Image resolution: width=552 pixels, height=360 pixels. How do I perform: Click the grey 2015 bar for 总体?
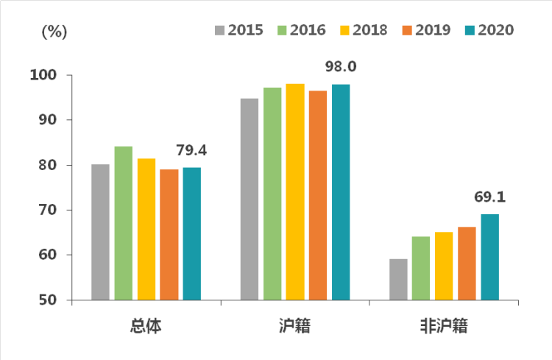click(100, 232)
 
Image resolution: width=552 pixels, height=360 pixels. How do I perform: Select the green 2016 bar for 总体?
click(123, 223)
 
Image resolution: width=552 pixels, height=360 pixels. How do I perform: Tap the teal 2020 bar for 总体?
click(192, 233)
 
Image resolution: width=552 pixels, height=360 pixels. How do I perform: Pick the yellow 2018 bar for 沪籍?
click(295, 191)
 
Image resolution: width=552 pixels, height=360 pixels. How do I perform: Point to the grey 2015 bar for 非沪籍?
click(398, 279)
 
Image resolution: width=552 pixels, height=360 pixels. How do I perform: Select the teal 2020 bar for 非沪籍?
click(489, 257)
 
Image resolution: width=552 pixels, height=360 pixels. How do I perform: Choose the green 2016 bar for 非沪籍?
click(421, 268)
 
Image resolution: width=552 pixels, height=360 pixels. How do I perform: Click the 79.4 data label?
click(191, 151)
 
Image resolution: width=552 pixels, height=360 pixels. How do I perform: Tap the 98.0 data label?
click(341, 67)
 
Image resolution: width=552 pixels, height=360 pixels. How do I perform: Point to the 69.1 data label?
click(489, 197)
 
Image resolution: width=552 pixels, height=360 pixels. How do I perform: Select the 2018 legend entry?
click(364, 30)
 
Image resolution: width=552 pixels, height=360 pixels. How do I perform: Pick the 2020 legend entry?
click(489, 30)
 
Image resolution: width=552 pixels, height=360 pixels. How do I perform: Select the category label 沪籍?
click(295, 325)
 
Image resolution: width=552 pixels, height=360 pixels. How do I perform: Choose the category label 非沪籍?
click(444, 325)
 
